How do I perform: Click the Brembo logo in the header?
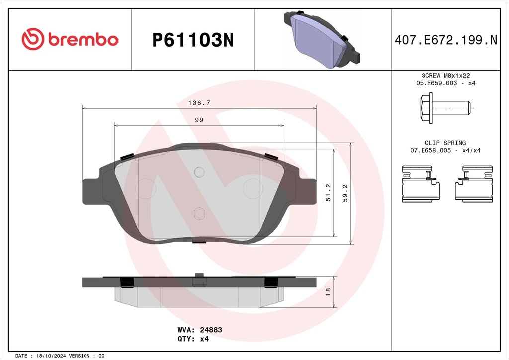70,39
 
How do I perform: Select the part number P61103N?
193,40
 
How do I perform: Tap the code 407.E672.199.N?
446,40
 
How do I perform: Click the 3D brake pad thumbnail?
322,39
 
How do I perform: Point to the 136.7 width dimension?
199,103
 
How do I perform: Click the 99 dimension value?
199,120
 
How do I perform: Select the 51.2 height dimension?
328,193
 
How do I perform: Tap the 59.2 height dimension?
345,193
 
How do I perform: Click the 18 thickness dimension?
328,292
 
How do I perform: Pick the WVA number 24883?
211,330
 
